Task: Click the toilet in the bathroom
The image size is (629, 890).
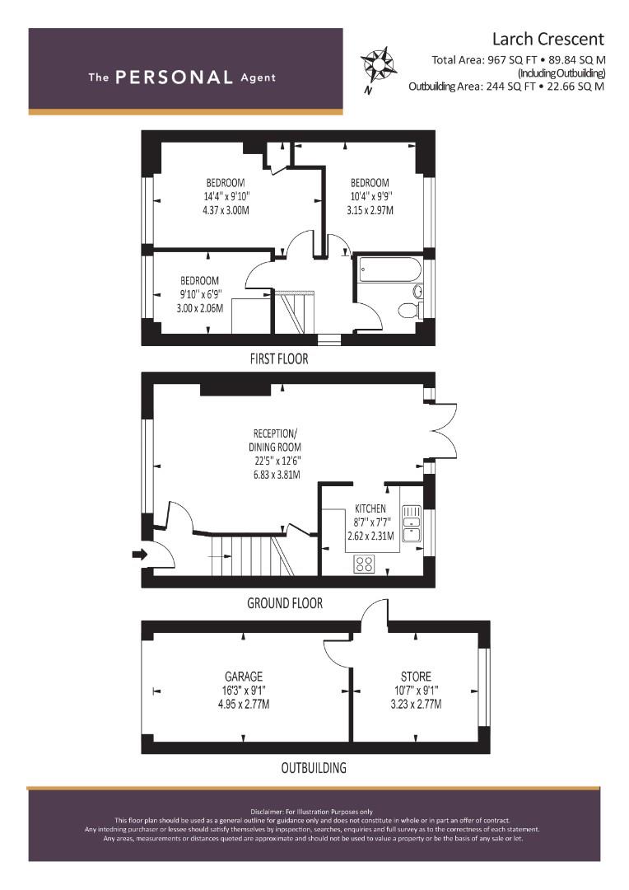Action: (x=409, y=310)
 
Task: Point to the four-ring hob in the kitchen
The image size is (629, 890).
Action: (x=364, y=564)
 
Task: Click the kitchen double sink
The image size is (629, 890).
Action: (x=411, y=523)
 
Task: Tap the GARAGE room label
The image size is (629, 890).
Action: (x=244, y=677)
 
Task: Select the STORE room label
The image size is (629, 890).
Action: (x=417, y=677)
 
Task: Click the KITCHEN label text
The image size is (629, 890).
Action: (x=370, y=508)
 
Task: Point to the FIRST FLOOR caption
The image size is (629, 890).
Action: (x=279, y=358)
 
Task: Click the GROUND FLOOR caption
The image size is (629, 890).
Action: (x=285, y=602)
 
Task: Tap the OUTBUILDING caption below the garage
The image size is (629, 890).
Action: (x=314, y=768)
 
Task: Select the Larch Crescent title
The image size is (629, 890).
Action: (x=547, y=40)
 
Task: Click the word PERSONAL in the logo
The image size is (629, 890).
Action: (x=174, y=77)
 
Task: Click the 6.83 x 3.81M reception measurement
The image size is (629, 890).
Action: (x=276, y=475)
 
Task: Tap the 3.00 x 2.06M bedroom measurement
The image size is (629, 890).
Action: (x=199, y=308)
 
